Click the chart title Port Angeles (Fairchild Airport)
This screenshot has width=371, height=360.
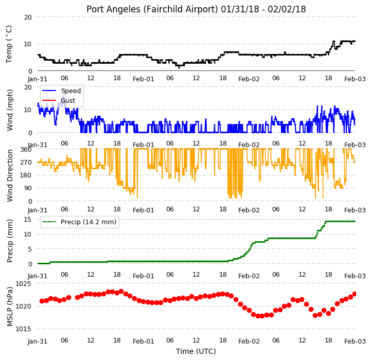[152, 9]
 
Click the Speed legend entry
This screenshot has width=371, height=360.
[62, 91]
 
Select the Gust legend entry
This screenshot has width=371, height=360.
[59, 100]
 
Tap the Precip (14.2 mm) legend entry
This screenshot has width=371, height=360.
[79, 222]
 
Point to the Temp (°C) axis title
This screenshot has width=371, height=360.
[9, 44]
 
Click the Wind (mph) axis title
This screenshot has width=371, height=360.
[10, 110]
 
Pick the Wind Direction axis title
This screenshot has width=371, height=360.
[10, 175]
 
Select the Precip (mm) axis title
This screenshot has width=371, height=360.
[10, 241]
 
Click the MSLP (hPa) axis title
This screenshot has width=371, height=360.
[10, 307]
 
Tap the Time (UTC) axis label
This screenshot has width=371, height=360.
[196, 351]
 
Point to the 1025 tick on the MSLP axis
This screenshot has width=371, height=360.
[23, 283]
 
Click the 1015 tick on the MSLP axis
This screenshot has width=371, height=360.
[23, 329]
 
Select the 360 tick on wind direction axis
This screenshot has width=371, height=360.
[26, 150]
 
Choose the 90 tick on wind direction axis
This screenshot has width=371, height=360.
[28, 188]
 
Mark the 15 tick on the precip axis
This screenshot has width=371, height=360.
[28, 220]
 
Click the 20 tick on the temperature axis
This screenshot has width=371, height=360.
[28, 17]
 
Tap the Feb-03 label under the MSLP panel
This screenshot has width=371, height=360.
[355, 341]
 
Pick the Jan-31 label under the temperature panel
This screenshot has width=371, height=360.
[38, 79]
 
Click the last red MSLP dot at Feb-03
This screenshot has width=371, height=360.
[355, 294]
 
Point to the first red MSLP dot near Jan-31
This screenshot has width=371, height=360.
[42, 301]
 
